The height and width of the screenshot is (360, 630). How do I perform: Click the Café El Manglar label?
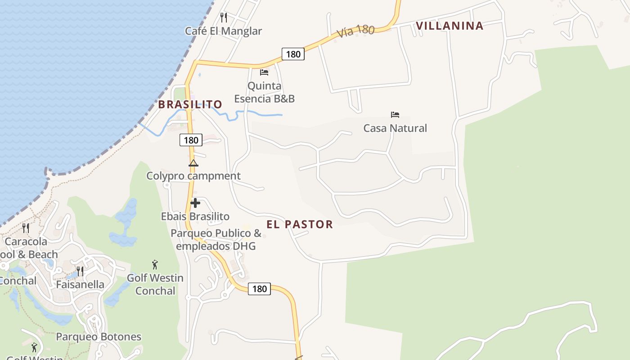pos(223,31)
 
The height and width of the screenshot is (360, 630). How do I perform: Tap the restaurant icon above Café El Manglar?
pos(224,18)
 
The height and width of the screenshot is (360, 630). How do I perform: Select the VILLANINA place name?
pos(450,26)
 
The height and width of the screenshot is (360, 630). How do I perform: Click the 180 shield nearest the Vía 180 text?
pos(293,54)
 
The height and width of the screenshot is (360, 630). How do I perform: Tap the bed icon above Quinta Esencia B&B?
pos(264,72)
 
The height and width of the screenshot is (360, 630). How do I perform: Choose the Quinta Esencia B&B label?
pos(264,92)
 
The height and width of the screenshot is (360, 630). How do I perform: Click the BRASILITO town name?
pos(190,104)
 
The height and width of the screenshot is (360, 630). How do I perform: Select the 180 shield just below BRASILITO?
pos(191,140)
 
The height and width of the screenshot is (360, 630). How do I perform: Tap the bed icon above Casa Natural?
pos(395,115)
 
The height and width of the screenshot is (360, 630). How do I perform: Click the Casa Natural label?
pos(395,128)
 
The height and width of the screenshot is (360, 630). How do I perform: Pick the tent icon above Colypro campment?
pos(193,163)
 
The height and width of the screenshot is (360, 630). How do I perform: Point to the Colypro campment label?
pos(193,176)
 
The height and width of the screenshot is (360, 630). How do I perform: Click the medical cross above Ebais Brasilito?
pos(195,203)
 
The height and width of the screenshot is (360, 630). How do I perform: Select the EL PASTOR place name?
pos(300,225)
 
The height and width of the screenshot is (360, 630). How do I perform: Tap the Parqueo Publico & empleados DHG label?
pos(216,239)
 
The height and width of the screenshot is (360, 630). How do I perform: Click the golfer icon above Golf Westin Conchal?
pos(155,265)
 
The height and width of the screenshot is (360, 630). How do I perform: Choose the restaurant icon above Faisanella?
pos(80,271)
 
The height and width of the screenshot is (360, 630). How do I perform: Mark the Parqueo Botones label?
pos(99,337)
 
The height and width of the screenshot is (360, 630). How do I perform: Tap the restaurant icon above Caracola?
pos(26,228)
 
